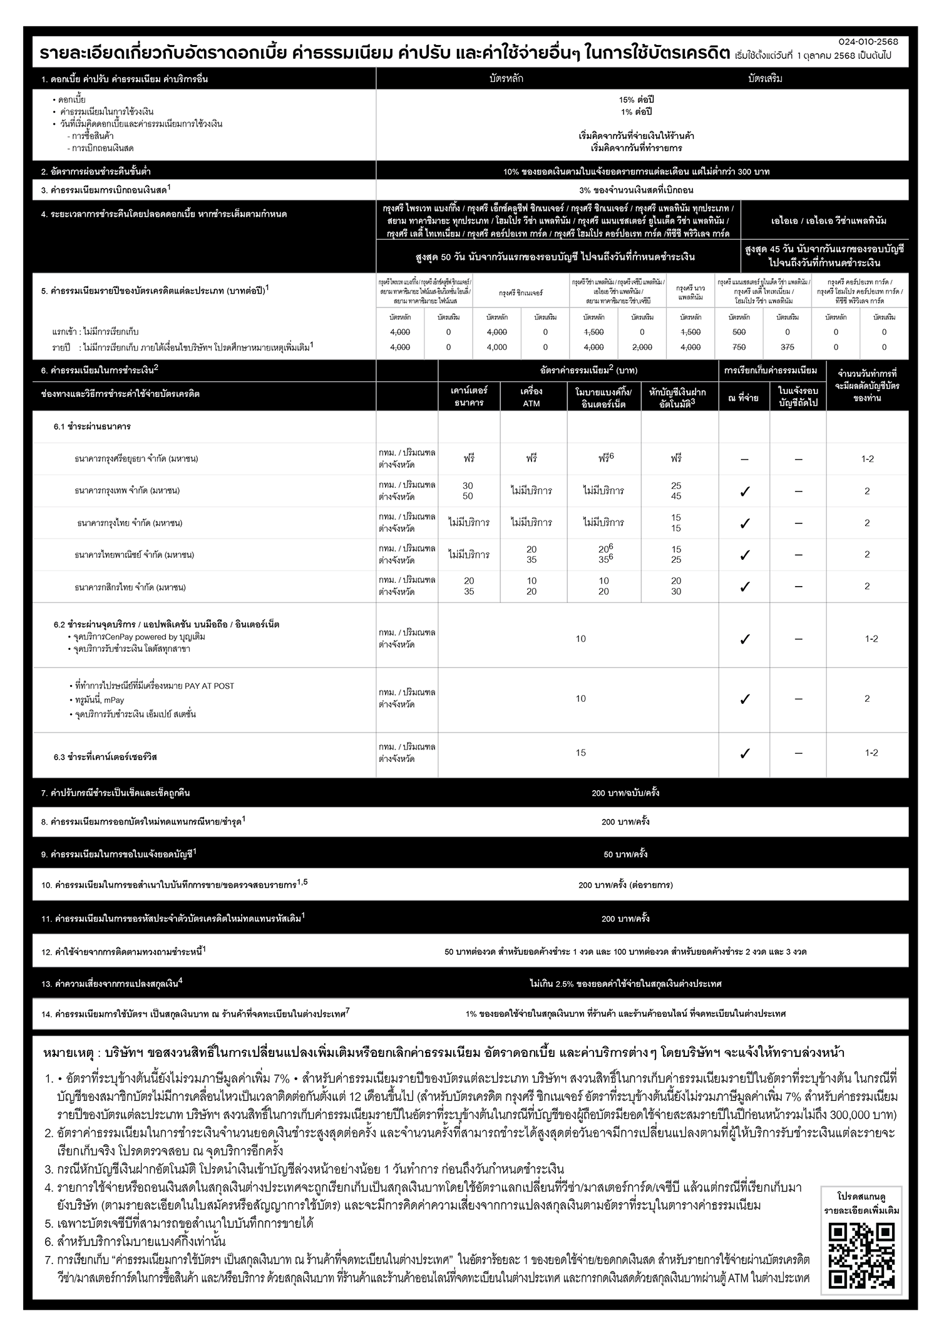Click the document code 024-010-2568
pyautogui.click(x=868, y=41)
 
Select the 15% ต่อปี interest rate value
pyautogui.click(x=636, y=100)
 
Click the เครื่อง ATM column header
pyautogui.click(x=531, y=397)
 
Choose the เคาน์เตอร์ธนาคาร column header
pyautogui.click(x=469, y=397)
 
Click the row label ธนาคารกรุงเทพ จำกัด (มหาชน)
pyautogui.click(x=127, y=491)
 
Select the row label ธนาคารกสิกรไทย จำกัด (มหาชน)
pyautogui.click(x=130, y=587)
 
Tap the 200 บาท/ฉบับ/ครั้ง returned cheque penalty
pyautogui.click(x=625, y=793)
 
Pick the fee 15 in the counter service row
pyautogui.click(x=581, y=753)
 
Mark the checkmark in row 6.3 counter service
pyautogui.click(x=744, y=753)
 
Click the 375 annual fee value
pyautogui.click(x=788, y=347)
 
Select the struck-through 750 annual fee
pyautogui.click(x=739, y=347)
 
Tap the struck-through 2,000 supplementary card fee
pyautogui.click(x=642, y=347)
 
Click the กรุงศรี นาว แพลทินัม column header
pyautogui.click(x=690, y=292)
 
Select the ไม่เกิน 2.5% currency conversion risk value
pyautogui.click(x=625, y=984)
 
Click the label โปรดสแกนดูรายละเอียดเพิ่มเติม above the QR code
pyautogui.click(x=862, y=1205)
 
